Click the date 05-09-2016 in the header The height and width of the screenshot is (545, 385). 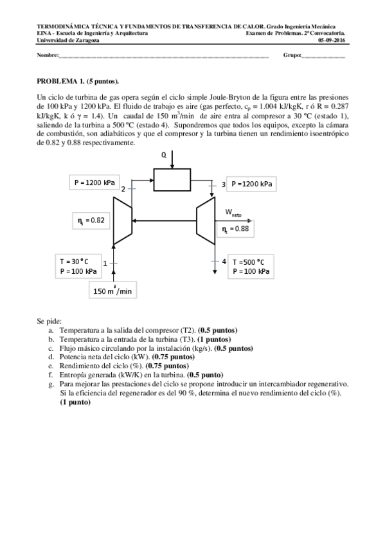point(332,39)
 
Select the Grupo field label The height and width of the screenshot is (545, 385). point(292,55)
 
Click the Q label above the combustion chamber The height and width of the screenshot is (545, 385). point(164,155)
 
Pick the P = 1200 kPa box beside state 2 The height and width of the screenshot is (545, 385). point(94,183)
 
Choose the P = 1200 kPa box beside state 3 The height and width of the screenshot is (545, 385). point(251,184)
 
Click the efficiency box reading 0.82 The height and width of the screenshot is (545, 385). point(91,220)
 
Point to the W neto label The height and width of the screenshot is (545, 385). point(233,212)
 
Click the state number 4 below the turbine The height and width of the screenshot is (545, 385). point(224,262)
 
